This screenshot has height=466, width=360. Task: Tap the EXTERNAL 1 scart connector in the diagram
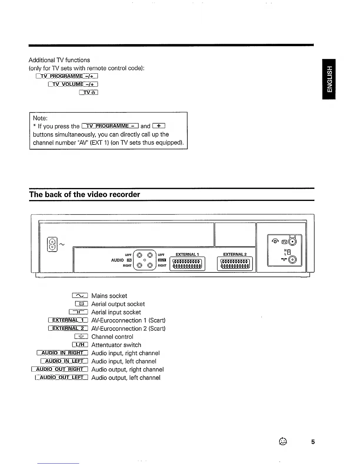187,263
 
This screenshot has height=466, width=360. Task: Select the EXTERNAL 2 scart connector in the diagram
235,263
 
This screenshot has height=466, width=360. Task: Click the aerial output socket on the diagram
293,242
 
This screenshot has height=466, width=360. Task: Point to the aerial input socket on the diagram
293,260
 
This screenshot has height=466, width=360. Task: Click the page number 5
313,442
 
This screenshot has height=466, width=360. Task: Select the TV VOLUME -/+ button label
73,84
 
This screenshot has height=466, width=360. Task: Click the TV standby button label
89,93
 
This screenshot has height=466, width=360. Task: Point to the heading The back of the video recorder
84,194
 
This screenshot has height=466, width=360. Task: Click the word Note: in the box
40,118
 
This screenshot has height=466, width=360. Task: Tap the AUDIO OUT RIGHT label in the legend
60,370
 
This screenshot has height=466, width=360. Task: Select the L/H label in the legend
80,345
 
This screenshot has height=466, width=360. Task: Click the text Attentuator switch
116,345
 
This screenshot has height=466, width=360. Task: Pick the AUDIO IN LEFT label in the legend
64,361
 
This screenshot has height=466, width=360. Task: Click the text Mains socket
109,296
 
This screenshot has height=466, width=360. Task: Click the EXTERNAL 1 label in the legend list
68,320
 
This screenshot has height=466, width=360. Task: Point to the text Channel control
112,337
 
